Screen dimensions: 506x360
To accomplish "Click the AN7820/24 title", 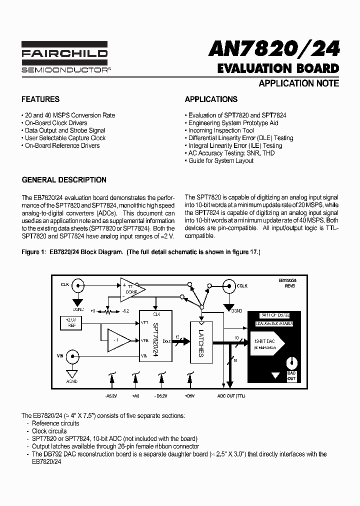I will (x=274, y=49).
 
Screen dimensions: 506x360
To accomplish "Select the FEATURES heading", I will (x=40, y=99).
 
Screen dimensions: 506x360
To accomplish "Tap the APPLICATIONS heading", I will (x=211, y=99).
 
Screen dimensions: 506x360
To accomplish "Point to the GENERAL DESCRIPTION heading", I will (x=64, y=180).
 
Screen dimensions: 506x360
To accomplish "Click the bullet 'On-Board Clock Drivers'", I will (x=56, y=123).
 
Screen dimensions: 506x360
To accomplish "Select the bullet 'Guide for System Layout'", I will (x=220, y=160).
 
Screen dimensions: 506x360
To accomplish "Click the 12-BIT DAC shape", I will (x=265, y=343).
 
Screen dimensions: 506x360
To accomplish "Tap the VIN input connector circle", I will (x=72, y=356).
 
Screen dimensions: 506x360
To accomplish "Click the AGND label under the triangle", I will (x=72, y=382).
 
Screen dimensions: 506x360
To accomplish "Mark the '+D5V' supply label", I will (x=189, y=395).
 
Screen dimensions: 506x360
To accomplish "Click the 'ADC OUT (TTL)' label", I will (x=231, y=395).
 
